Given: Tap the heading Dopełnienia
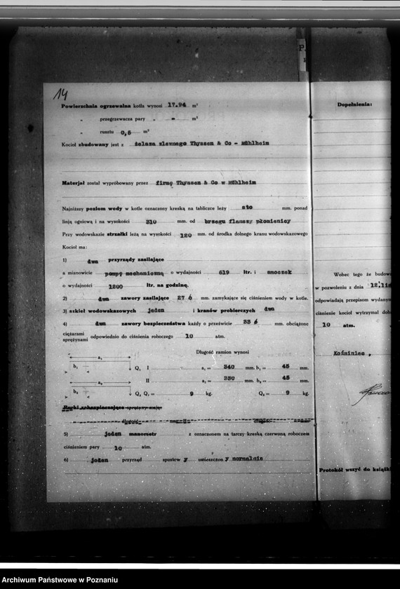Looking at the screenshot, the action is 354,104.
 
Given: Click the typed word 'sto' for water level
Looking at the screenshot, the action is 246,208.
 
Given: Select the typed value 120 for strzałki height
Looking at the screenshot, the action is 185,236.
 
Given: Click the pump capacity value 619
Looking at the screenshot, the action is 224,271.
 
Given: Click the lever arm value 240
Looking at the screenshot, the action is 227,367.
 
